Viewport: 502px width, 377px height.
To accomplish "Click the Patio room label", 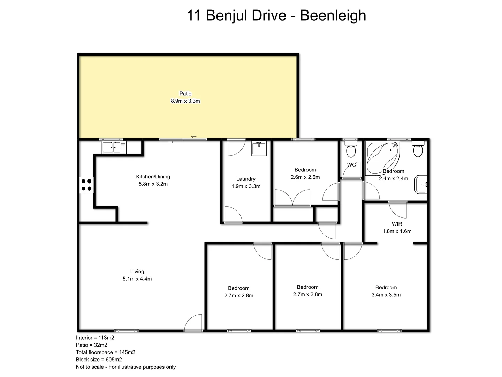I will [x=185, y=94].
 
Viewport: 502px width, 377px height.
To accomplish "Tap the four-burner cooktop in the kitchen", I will [x=86, y=185].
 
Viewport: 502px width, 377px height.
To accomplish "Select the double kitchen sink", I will [x=114, y=147].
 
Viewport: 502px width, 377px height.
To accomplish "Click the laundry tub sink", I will [x=259, y=148].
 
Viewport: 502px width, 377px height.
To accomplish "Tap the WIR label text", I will [x=397, y=224].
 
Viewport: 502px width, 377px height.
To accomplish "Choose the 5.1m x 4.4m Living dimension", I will [x=137, y=279].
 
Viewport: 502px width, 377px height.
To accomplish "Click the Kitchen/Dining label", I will [x=153, y=177].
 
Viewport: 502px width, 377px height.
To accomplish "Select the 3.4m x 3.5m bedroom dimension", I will [x=386, y=295].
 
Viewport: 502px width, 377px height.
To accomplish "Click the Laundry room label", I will [x=246, y=179].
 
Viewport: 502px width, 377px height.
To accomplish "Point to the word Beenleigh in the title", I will [x=333, y=15].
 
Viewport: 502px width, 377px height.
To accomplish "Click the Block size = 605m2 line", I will [x=99, y=360].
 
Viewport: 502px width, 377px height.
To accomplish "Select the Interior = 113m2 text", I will [x=95, y=338].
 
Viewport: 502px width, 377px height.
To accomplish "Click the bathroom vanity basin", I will [x=421, y=184].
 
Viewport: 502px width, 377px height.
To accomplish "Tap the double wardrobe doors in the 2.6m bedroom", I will [x=292, y=198].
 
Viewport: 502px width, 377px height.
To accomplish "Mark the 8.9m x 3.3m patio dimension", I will [x=185, y=101].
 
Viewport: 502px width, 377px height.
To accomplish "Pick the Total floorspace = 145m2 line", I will [x=106, y=352].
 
